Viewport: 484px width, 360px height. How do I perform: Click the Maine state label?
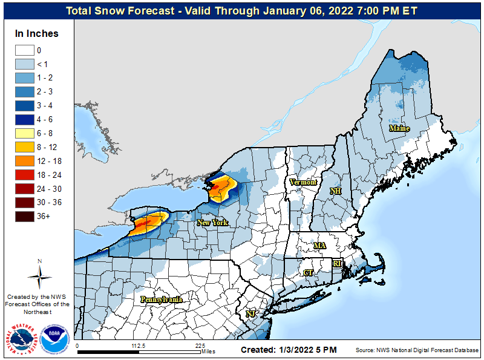(399, 128)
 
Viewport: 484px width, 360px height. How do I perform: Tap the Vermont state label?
(303, 182)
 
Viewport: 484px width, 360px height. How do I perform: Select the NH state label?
(335, 191)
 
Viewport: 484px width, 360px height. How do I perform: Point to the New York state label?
(212, 223)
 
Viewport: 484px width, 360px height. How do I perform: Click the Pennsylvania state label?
(162, 299)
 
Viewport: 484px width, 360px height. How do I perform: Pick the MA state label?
(319, 245)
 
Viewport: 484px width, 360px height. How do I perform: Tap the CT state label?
(308, 273)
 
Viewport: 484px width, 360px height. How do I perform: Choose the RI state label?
(338, 263)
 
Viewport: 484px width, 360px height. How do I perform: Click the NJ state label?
(250, 313)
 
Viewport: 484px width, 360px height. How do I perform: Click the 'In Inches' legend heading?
(37, 34)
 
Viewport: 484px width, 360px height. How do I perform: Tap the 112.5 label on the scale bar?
(139, 346)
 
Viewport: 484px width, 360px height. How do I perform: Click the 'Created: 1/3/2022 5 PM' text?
(289, 350)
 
